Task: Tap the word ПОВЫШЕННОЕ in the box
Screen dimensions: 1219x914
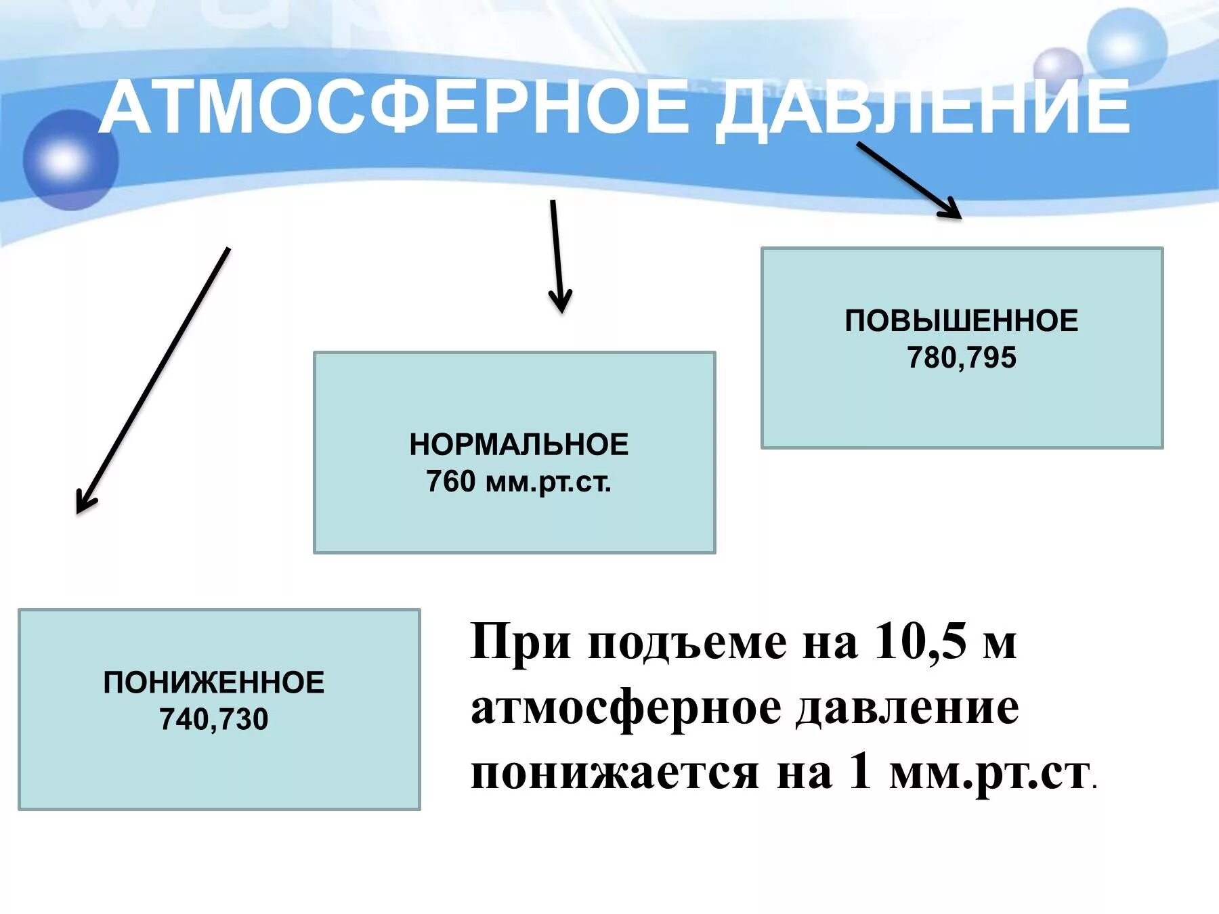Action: (961, 321)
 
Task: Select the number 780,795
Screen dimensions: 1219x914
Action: (962, 357)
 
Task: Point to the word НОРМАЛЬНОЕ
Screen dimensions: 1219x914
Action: (519, 445)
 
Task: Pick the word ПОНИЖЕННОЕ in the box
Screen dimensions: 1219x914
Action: (214, 682)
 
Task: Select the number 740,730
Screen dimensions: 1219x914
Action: (214, 719)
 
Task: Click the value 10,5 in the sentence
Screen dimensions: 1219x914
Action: (920, 640)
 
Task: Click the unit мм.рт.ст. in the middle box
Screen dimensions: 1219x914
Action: (548, 482)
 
